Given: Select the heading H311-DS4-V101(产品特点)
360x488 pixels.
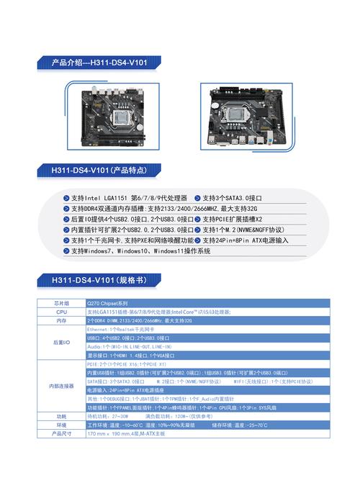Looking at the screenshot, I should point(99,171).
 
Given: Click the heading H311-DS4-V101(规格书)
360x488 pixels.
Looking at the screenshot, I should point(94,279).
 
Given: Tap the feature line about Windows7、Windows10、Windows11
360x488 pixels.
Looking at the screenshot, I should point(140,251).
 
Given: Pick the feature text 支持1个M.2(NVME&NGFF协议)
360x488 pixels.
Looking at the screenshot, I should point(243,230).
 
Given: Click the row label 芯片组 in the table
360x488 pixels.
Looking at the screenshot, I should point(61,304).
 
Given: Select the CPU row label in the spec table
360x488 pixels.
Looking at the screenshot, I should point(61,312).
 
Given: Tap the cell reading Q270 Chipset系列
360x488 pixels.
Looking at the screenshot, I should point(107,304).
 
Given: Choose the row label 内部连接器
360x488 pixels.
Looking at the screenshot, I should point(61,386).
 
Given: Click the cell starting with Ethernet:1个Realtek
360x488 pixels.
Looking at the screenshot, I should point(120,329).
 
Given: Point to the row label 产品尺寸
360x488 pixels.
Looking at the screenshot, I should point(61,434).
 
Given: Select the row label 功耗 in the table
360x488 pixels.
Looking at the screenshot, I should point(61,417).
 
